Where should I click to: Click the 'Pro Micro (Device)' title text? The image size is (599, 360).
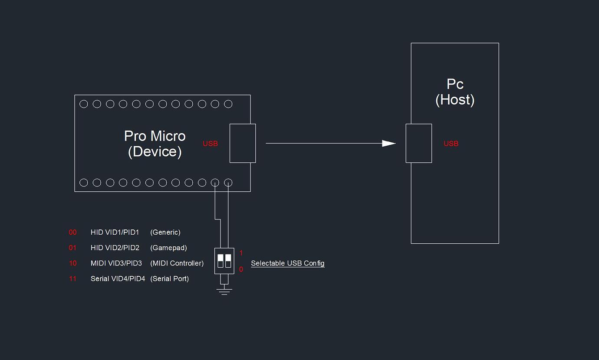point(155,144)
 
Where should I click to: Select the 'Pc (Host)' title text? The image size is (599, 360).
point(455,92)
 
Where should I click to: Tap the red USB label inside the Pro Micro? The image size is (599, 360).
point(210,144)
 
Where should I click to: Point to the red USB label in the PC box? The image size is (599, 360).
point(451,144)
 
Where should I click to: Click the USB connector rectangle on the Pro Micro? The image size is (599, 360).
point(243,143)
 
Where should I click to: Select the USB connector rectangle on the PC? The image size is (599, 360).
point(419,143)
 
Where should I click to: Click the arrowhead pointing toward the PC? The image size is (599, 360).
point(388,143)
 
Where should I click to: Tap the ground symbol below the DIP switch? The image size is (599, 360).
point(224,291)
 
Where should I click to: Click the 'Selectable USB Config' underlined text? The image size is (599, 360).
point(288,263)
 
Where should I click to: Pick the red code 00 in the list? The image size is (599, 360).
point(72,232)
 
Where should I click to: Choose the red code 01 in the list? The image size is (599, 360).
point(72,248)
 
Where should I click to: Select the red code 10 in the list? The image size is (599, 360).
point(72,263)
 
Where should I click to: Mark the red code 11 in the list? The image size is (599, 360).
point(72,279)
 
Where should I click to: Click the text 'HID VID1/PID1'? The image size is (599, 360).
point(115,232)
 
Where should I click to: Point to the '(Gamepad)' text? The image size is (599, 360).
point(168,248)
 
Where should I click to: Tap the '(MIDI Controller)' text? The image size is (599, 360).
point(177,263)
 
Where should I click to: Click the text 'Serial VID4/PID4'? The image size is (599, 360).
point(118,279)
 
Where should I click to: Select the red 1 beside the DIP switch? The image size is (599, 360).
point(241,253)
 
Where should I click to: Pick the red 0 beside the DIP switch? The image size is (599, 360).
point(241,269)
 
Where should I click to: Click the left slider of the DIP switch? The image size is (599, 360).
point(221,261)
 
